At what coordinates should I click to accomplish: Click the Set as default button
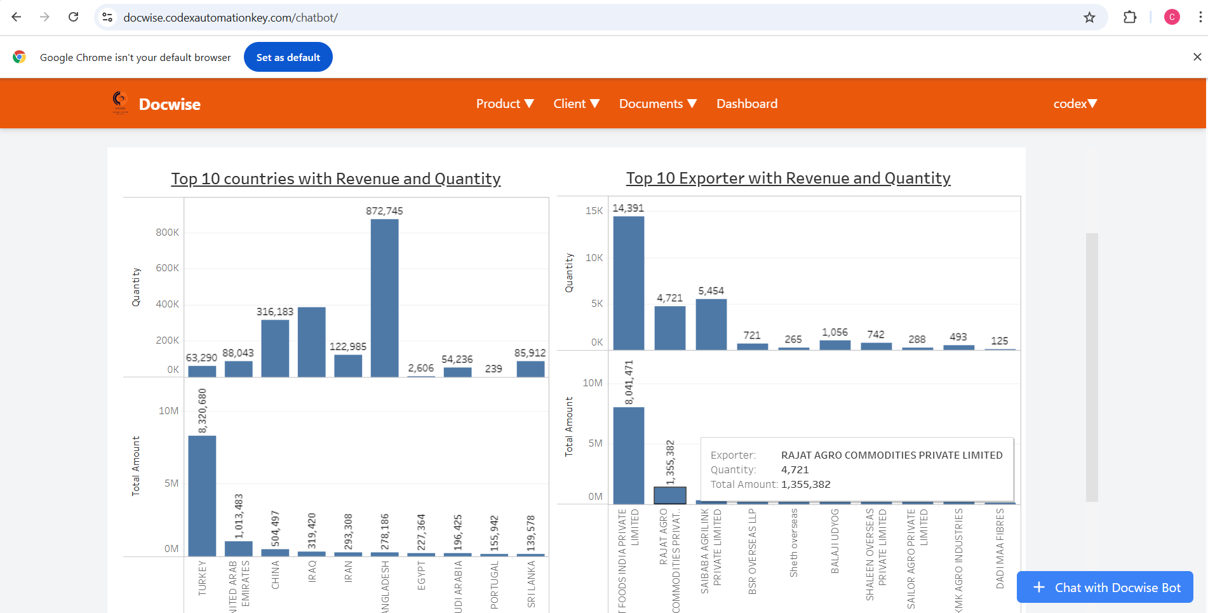tap(288, 57)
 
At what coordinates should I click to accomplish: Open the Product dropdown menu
tap(505, 104)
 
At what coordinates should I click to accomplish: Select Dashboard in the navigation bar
tap(747, 104)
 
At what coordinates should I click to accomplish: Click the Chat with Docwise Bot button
tap(1104, 588)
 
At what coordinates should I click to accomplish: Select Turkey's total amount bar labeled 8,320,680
tap(202, 495)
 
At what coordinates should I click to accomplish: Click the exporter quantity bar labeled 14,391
tap(629, 283)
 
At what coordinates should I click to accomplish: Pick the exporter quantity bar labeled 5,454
tap(711, 324)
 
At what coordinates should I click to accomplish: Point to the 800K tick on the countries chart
tap(168, 232)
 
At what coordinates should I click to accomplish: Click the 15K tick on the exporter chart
tap(594, 211)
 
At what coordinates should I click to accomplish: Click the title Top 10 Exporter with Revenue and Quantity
tap(788, 179)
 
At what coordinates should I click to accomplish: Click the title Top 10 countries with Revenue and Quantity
tap(336, 179)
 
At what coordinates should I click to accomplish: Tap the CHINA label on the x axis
tap(276, 575)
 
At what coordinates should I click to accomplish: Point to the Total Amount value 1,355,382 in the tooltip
tap(806, 484)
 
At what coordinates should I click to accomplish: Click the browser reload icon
tap(74, 17)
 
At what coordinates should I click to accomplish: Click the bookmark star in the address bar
tap(1089, 18)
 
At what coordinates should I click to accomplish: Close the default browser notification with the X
tap(1197, 57)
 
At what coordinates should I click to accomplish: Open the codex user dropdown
tap(1075, 104)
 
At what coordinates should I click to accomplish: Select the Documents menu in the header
tap(658, 104)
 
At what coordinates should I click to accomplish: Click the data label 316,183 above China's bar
tap(275, 312)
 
